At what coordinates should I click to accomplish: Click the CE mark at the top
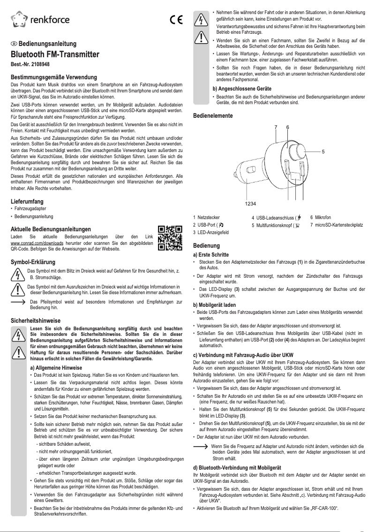(x=176, y=20)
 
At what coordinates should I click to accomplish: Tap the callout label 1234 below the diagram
(x=251, y=203)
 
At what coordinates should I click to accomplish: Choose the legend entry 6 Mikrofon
(x=321, y=218)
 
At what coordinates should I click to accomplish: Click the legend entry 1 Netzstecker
(x=207, y=218)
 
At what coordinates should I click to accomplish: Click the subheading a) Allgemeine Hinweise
(x=56, y=368)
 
